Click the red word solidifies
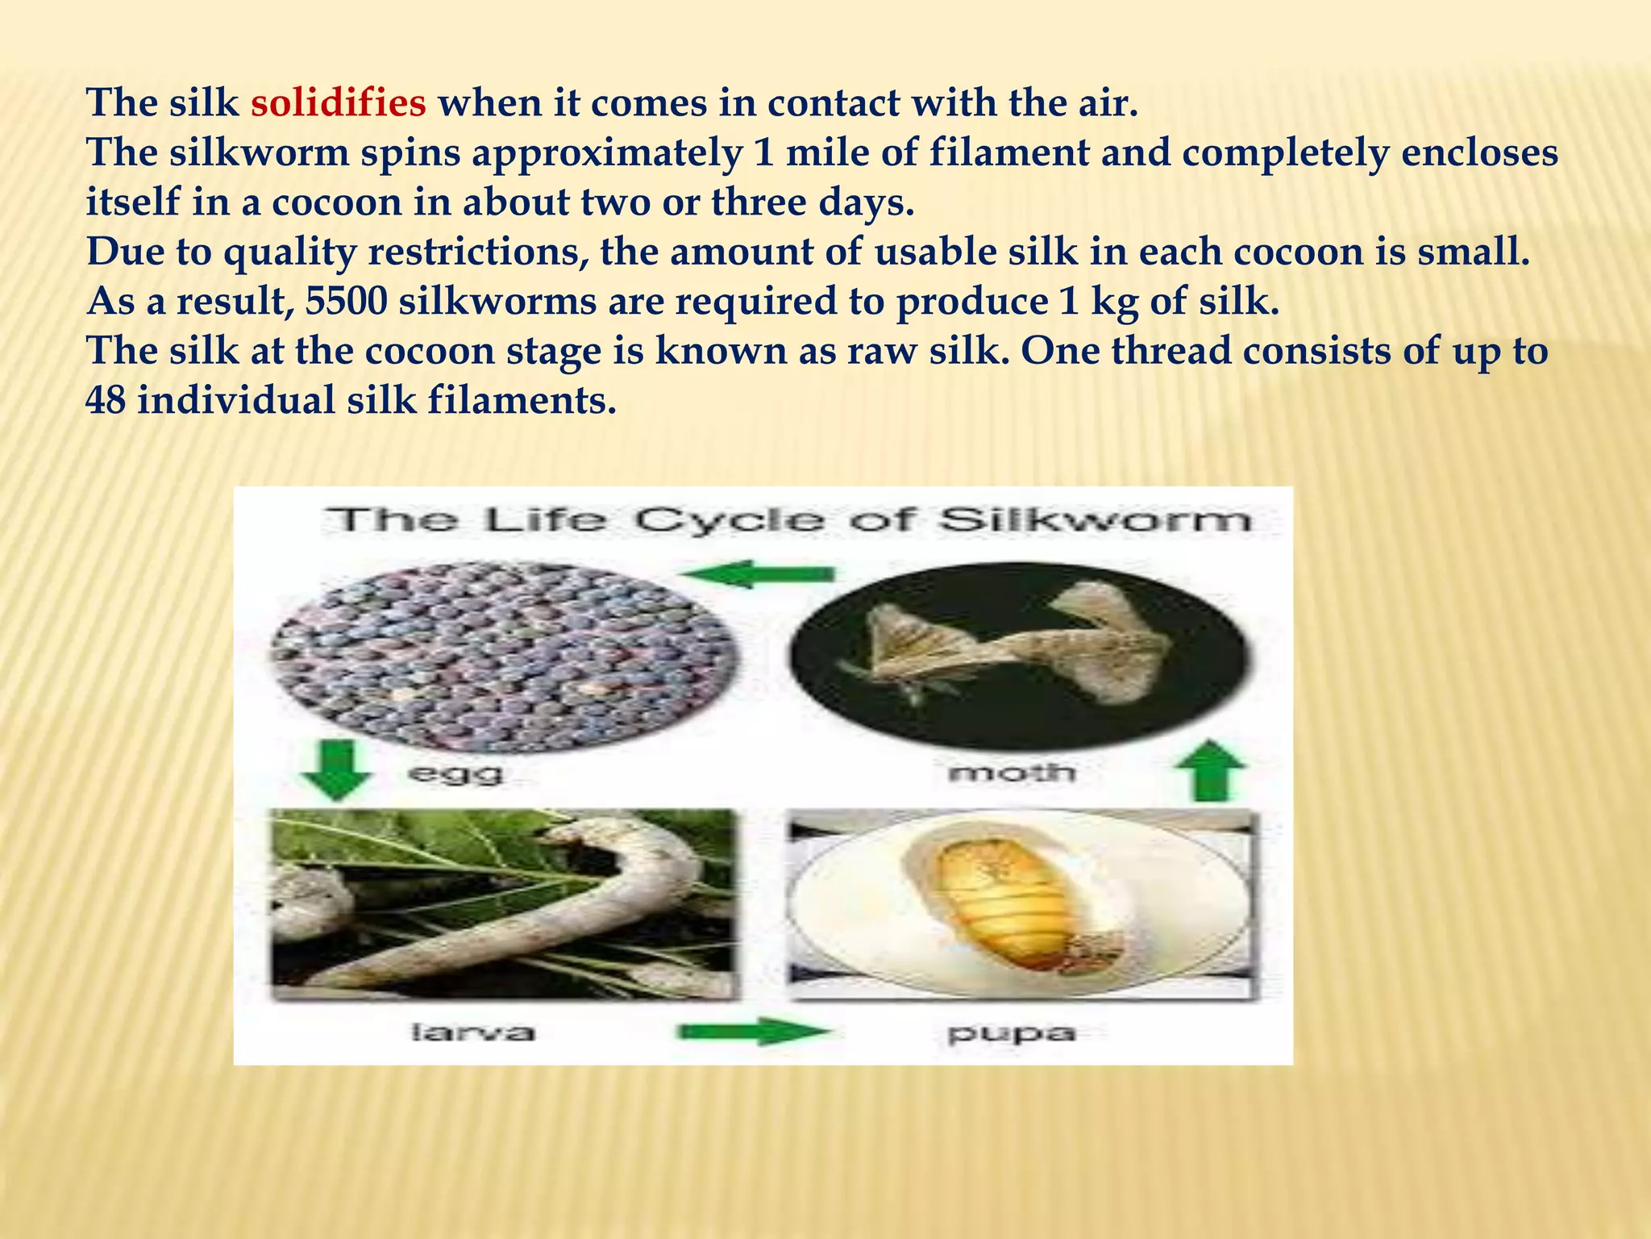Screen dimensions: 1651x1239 339,102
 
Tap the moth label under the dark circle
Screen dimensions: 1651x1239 1013,774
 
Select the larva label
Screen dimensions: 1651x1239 473,1032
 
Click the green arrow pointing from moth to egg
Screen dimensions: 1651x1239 758,574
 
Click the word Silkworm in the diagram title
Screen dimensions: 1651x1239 1096,519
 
